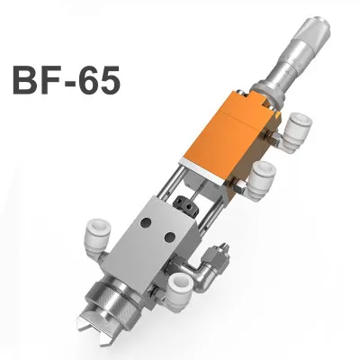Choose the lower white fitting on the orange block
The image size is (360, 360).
261,181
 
